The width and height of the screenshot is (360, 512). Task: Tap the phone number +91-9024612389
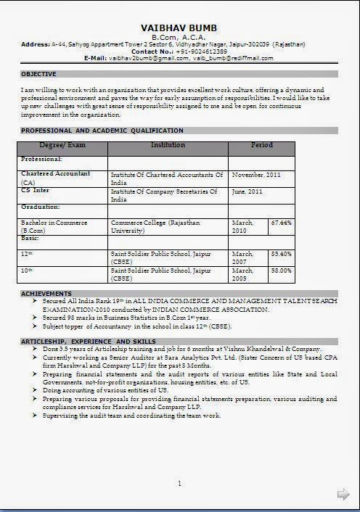pos(201,51)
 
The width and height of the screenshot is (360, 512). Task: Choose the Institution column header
pos(168,146)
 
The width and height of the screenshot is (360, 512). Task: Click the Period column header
pos(261,146)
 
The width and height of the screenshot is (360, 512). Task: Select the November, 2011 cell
pos(256,176)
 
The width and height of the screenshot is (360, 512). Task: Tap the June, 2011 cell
pos(247,191)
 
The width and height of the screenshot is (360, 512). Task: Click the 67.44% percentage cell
pos(281,223)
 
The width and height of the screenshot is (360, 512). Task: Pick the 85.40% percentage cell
pos(281,254)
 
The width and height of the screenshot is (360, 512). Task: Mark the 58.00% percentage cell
pos(281,271)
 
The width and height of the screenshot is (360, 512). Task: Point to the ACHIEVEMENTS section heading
pos(46,294)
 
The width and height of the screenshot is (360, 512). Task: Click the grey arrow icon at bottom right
pos(343,494)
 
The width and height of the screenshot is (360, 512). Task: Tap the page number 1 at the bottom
pos(179,483)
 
